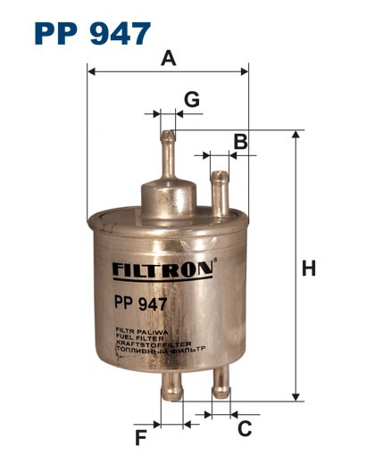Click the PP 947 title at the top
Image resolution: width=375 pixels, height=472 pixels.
click(x=92, y=33)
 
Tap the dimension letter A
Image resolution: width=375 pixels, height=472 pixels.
click(x=168, y=59)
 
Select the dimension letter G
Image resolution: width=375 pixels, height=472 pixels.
click(x=190, y=98)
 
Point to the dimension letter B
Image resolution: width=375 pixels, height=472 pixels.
click(x=239, y=140)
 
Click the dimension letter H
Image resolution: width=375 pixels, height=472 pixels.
click(x=309, y=268)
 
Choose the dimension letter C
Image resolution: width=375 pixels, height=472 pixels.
click(x=244, y=428)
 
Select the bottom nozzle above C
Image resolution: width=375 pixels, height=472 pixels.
click(x=221, y=385)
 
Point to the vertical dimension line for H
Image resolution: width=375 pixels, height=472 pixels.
click(x=294, y=268)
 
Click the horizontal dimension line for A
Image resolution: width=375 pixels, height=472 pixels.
click(x=168, y=70)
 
